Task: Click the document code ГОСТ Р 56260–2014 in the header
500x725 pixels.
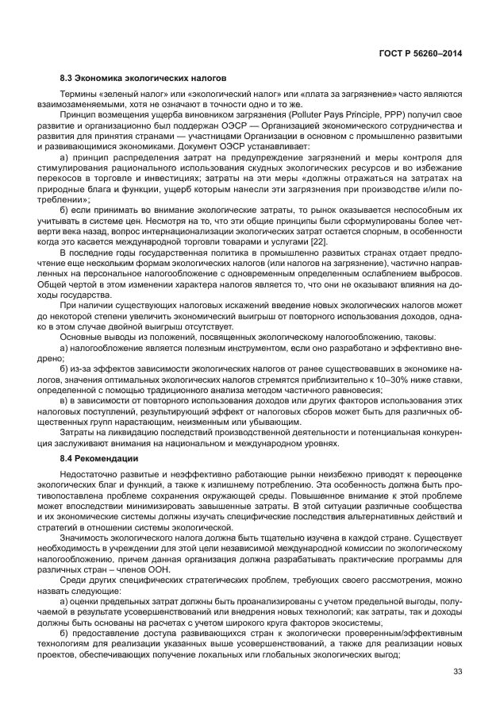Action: tap(423, 52)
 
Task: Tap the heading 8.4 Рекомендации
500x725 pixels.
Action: tap(98, 459)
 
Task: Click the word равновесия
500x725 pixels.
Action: tap(347, 390)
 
